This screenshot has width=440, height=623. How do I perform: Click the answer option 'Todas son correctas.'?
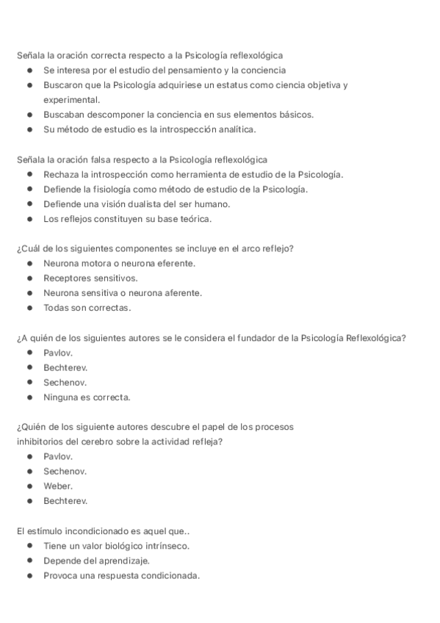pyautogui.click(x=87, y=308)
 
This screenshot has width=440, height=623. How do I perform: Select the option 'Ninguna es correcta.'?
pyautogui.click(x=87, y=397)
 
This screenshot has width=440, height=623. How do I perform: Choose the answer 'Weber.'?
pyautogui.click(x=58, y=486)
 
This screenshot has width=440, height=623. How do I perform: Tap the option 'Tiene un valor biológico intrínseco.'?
pyautogui.click(x=116, y=546)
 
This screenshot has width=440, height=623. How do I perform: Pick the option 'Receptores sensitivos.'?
pyautogui.click(x=90, y=278)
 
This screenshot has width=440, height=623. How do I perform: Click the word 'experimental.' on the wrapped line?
pyautogui.click(x=71, y=100)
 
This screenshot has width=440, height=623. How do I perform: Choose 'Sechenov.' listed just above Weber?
pyautogui.click(x=65, y=471)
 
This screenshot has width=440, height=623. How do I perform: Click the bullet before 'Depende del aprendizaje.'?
pyautogui.click(x=29, y=561)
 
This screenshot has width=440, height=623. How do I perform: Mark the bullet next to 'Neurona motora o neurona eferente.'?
pyautogui.click(x=29, y=263)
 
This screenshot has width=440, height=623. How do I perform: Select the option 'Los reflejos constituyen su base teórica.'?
pyautogui.click(x=127, y=219)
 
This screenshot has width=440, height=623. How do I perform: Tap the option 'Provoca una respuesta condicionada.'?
pyautogui.click(x=121, y=575)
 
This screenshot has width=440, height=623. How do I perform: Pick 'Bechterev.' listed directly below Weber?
pyautogui.click(x=65, y=501)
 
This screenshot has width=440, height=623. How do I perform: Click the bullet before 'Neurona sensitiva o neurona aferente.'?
pyautogui.click(x=29, y=293)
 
